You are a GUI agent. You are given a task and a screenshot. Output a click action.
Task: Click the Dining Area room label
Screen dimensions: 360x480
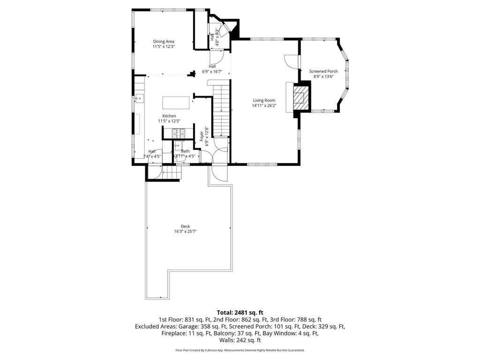(163, 41)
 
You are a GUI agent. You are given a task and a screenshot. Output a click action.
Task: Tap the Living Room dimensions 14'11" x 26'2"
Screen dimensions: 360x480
(264, 106)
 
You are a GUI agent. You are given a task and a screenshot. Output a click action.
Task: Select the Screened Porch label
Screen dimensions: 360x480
(323, 71)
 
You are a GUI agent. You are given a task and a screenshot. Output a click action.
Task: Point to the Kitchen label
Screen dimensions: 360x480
(169, 116)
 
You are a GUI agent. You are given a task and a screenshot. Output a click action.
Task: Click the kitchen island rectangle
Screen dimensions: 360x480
(176, 102)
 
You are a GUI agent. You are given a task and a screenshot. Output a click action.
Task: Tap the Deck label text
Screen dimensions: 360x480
(185, 226)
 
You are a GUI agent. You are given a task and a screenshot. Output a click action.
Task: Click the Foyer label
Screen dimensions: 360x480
(202, 136)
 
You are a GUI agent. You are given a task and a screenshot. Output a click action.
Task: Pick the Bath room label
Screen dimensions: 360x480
(186, 151)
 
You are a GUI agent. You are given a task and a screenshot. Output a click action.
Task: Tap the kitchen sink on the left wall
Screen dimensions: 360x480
(139, 98)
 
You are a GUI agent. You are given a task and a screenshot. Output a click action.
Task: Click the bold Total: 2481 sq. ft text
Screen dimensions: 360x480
(240, 312)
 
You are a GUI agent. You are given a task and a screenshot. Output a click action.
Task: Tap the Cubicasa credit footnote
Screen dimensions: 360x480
(240, 350)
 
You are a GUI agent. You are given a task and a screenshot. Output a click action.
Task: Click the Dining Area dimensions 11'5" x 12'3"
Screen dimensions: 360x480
(163, 46)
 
